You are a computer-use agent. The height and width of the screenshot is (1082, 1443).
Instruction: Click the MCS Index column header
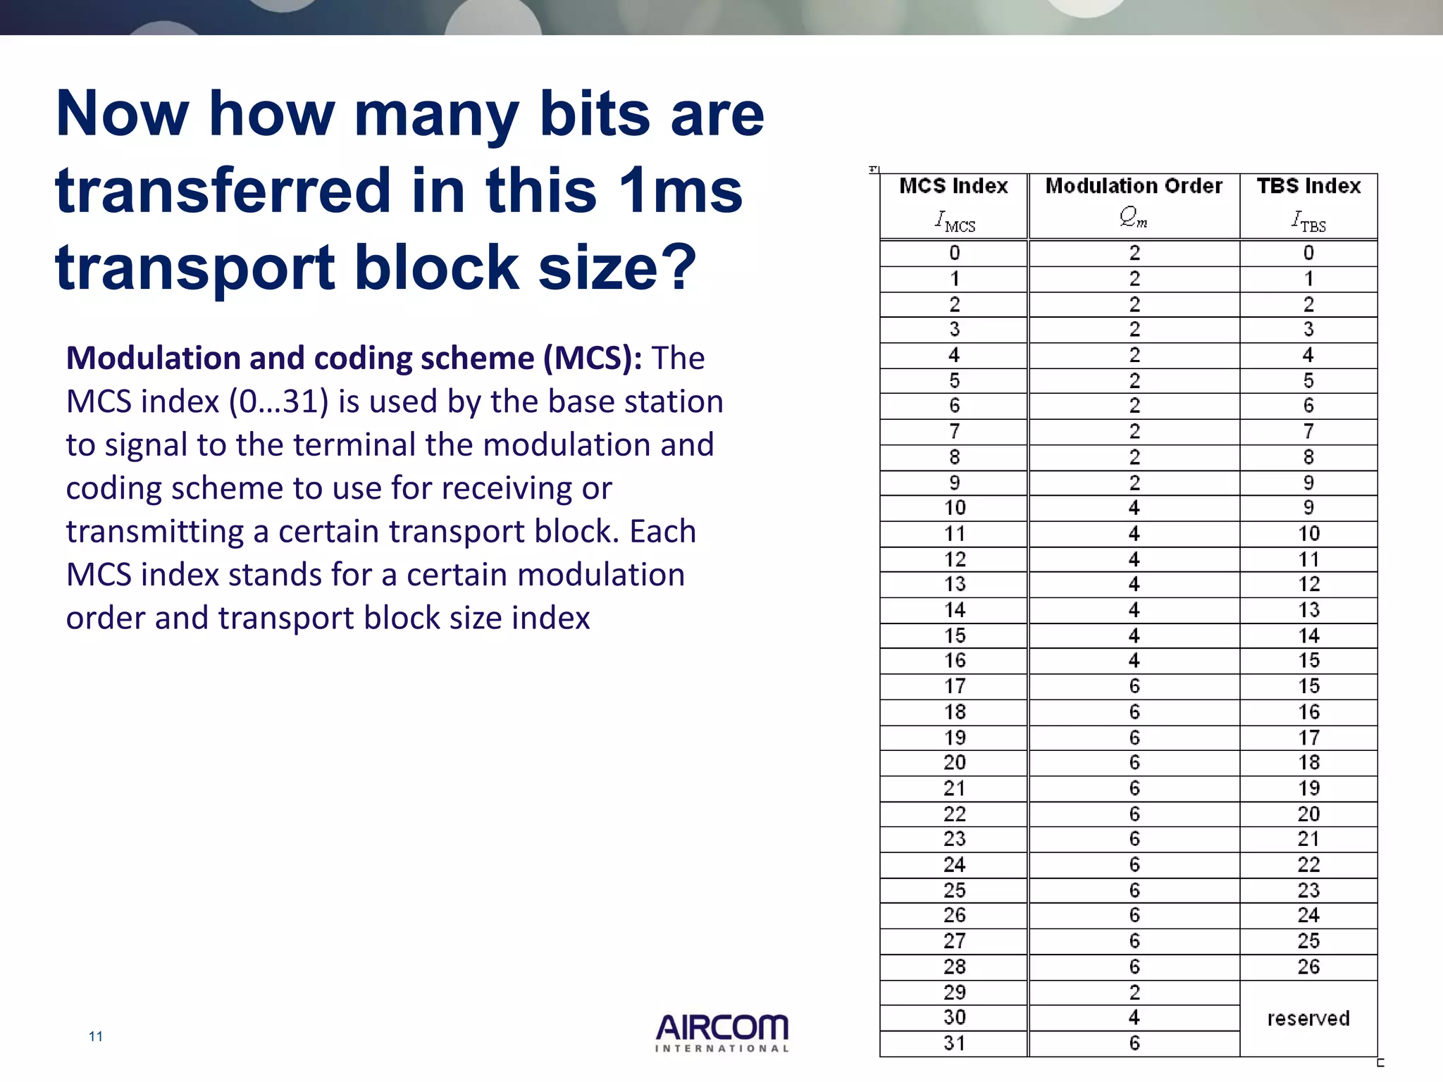pyautogui.click(x=954, y=204)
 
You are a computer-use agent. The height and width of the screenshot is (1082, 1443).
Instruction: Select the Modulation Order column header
pyautogui.click(x=1134, y=204)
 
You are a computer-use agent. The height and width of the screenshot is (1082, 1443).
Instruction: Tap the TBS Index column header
pyautogui.click(x=1308, y=204)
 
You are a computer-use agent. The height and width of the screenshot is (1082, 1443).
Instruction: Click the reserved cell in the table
pyautogui.click(x=1308, y=1018)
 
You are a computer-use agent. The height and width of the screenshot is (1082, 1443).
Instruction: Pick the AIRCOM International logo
pyautogui.click(x=722, y=1033)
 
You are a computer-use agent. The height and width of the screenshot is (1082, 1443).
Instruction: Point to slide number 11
pyautogui.click(x=96, y=1036)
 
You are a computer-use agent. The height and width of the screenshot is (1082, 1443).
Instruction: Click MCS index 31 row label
pyautogui.click(x=954, y=1043)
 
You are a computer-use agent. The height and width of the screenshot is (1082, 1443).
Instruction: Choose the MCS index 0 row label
pyautogui.click(x=954, y=253)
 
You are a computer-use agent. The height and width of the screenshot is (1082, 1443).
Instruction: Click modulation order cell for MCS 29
pyautogui.click(x=1134, y=993)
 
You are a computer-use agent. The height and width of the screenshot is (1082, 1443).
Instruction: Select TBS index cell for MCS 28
pyautogui.click(x=1308, y=966)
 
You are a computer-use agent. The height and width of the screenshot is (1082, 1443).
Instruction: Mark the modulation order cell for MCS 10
pyautogui.click(x=1134, y=508)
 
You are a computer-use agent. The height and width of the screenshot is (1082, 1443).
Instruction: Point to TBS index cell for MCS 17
pyautogui.click(x=1308, y=686)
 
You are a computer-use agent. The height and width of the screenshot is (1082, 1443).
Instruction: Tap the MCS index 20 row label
pyautogui.click(x=954, y=763)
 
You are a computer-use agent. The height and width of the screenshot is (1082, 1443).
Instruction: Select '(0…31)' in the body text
pyautogui.click(x=278, y=402)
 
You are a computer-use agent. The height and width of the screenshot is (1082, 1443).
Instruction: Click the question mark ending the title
pyautogui.click(x=681, y=268)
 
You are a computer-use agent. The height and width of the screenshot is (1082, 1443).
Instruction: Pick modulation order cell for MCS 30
pyautogui.click(x=1134, y=1018)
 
